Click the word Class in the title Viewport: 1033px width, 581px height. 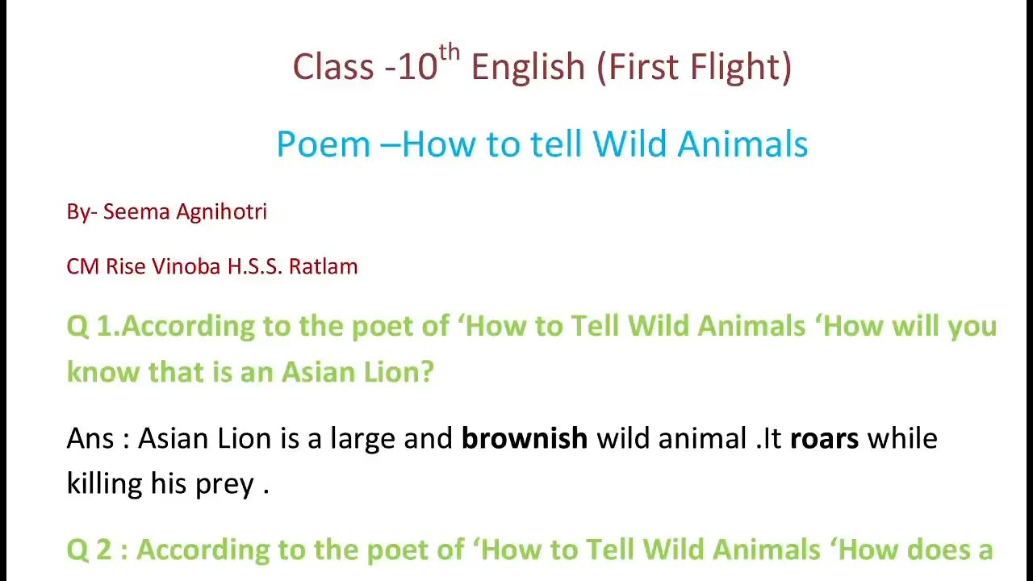click(333, 67)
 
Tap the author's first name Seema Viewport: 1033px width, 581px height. click(136, 212)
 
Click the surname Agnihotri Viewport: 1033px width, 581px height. click(221, 212)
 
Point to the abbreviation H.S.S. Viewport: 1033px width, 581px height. click(254, 267)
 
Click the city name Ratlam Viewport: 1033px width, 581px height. click(323, 267)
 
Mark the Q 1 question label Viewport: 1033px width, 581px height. click(92, 327)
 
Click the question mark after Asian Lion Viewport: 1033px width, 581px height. click(428, 372)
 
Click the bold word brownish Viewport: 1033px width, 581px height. click(524, 439)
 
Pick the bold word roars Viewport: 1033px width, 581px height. click(824, 439)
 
